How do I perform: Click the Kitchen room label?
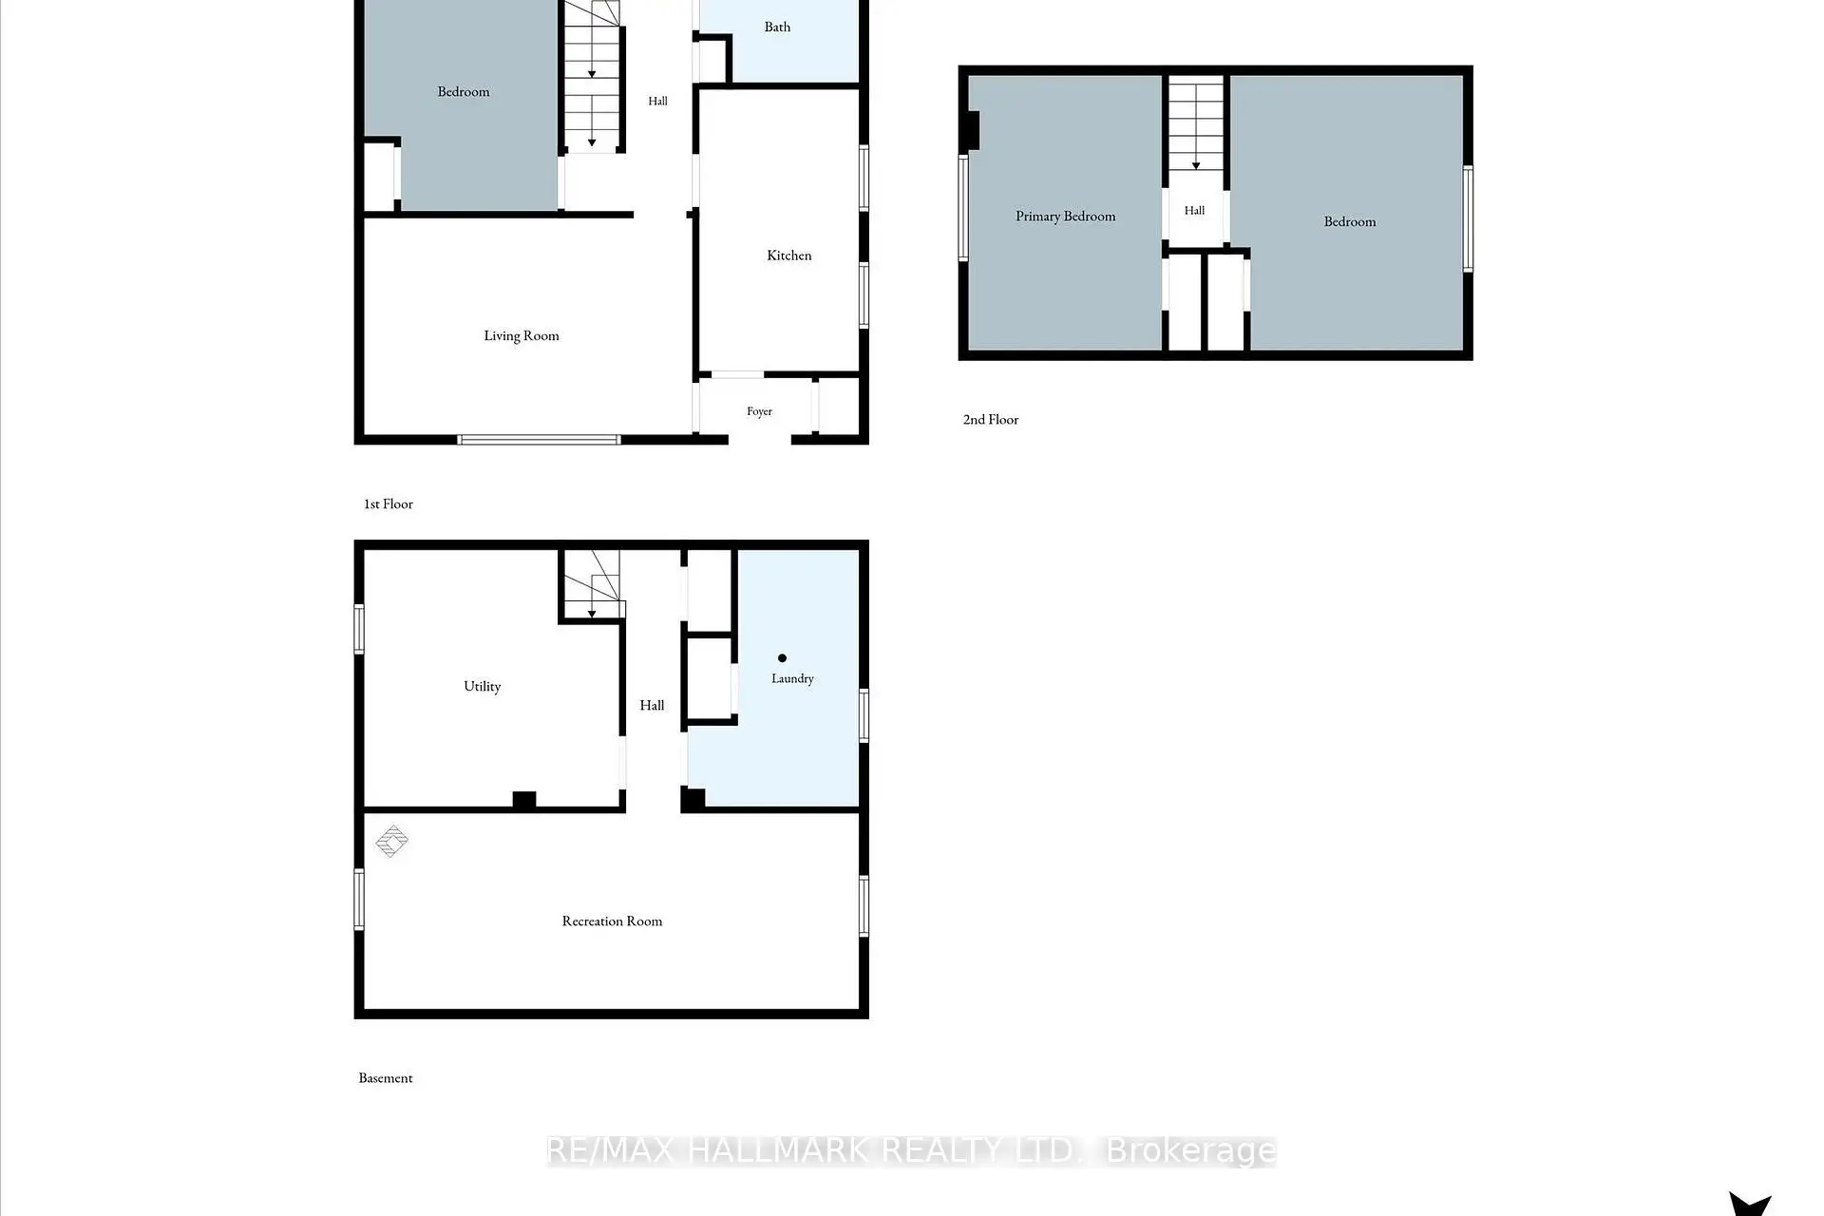[x=788, y=255]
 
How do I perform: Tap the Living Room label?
[x=521, y=335]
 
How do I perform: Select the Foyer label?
[x=759, y=411]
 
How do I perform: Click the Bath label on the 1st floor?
[x=777, y=27]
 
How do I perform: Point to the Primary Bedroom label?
[x=1065, y=217]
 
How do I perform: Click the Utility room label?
[x=482, y=686]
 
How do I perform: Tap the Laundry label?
[x=792, y=678]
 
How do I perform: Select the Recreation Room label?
[x=612, y=921]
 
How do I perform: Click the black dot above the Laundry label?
[x=782, y=657]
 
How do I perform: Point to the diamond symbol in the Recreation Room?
[x=391, y=840]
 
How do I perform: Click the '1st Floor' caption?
[x=388, y=503]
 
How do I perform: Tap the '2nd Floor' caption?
[x=990, y=419]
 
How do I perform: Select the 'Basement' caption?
[x=385, y=1077]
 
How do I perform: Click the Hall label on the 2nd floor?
[x=1194, y=210]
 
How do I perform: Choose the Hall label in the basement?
[x=652, y=705]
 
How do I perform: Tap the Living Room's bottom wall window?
[x=539, y=440]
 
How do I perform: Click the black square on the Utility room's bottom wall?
[x=524, y=801]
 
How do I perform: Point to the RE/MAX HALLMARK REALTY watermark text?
[x=912, y=1150]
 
